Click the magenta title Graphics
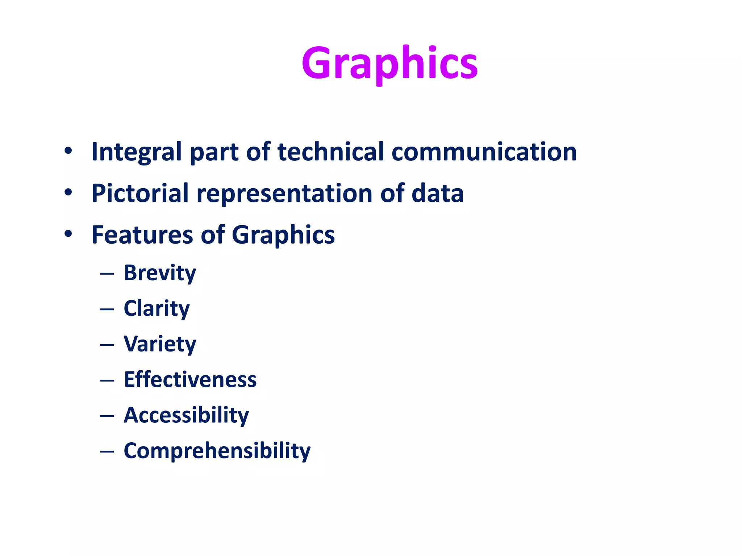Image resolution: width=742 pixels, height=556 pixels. point(389,63)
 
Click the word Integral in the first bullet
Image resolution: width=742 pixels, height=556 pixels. point(136,152)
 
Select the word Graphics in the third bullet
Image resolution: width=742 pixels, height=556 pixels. point(283,235)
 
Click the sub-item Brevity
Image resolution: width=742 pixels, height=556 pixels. point(160,273)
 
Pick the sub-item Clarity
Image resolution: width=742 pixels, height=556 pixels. point(157,309)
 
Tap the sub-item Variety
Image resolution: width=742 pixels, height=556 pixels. point(160,344)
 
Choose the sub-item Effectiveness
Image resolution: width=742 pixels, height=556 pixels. point(190,379)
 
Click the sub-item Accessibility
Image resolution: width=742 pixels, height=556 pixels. point(186,415)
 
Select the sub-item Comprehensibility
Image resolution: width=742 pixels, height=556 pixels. point(217,451)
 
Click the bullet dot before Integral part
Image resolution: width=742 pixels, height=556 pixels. point(68,151)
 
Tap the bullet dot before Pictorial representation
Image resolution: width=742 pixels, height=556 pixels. point(68,193)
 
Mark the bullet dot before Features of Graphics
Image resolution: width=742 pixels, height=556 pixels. point(68,234)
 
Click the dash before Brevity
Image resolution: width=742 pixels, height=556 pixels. point(107,274)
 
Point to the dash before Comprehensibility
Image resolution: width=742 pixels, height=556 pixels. point(107,452)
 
